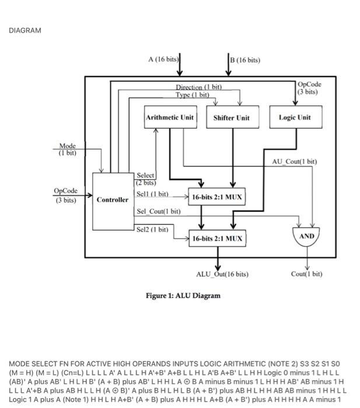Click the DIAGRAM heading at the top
click(25, 30)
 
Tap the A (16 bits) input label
click(163, 59)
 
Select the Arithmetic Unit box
click(170, 117)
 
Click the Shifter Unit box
click(231, 117)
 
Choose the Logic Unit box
click(295, 117)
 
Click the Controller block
click(113, 200)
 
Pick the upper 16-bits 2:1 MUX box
click(216, 198)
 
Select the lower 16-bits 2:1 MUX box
click(216, 238)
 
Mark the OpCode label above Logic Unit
click(309, 88)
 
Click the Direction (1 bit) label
click(199, 87)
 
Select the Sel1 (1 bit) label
click(152, 194)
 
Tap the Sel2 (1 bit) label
click(152, 230)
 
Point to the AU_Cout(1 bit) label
click(295, 161)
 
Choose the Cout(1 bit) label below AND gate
click(307, 274)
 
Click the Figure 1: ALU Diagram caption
click(183, 296)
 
